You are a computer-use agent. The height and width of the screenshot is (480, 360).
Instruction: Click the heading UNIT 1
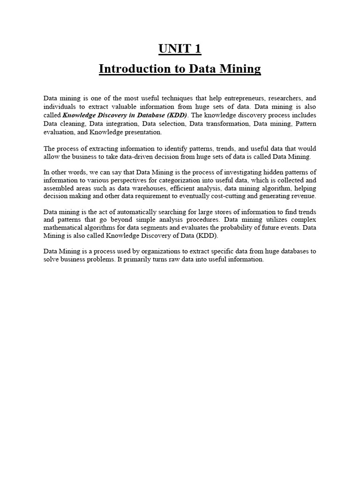pos(180,48)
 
